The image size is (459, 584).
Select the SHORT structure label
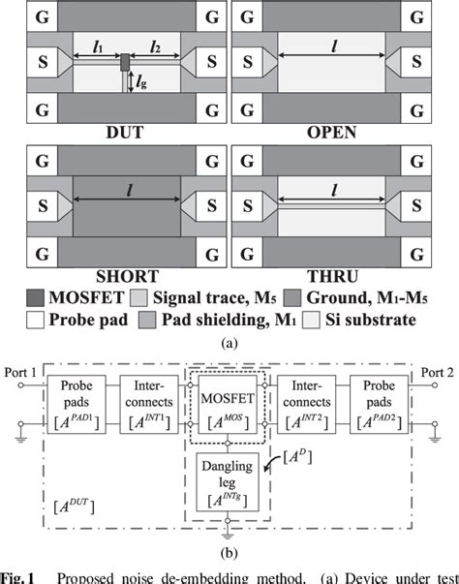(x=115, y=262)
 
